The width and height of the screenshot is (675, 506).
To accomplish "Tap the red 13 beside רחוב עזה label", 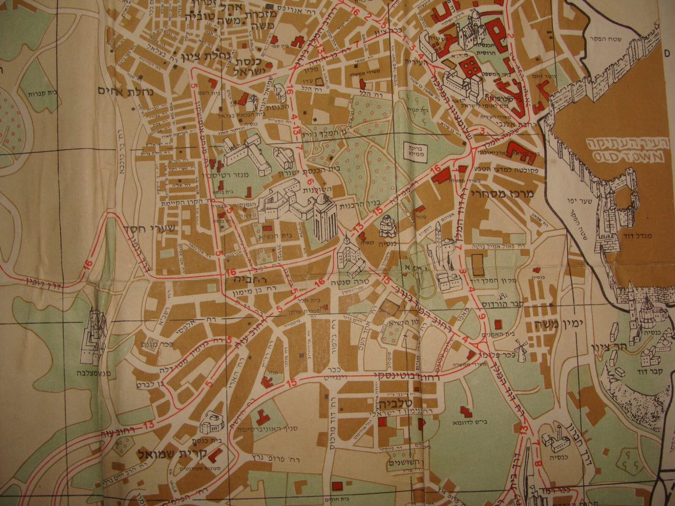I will click(x=149, y=424).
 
